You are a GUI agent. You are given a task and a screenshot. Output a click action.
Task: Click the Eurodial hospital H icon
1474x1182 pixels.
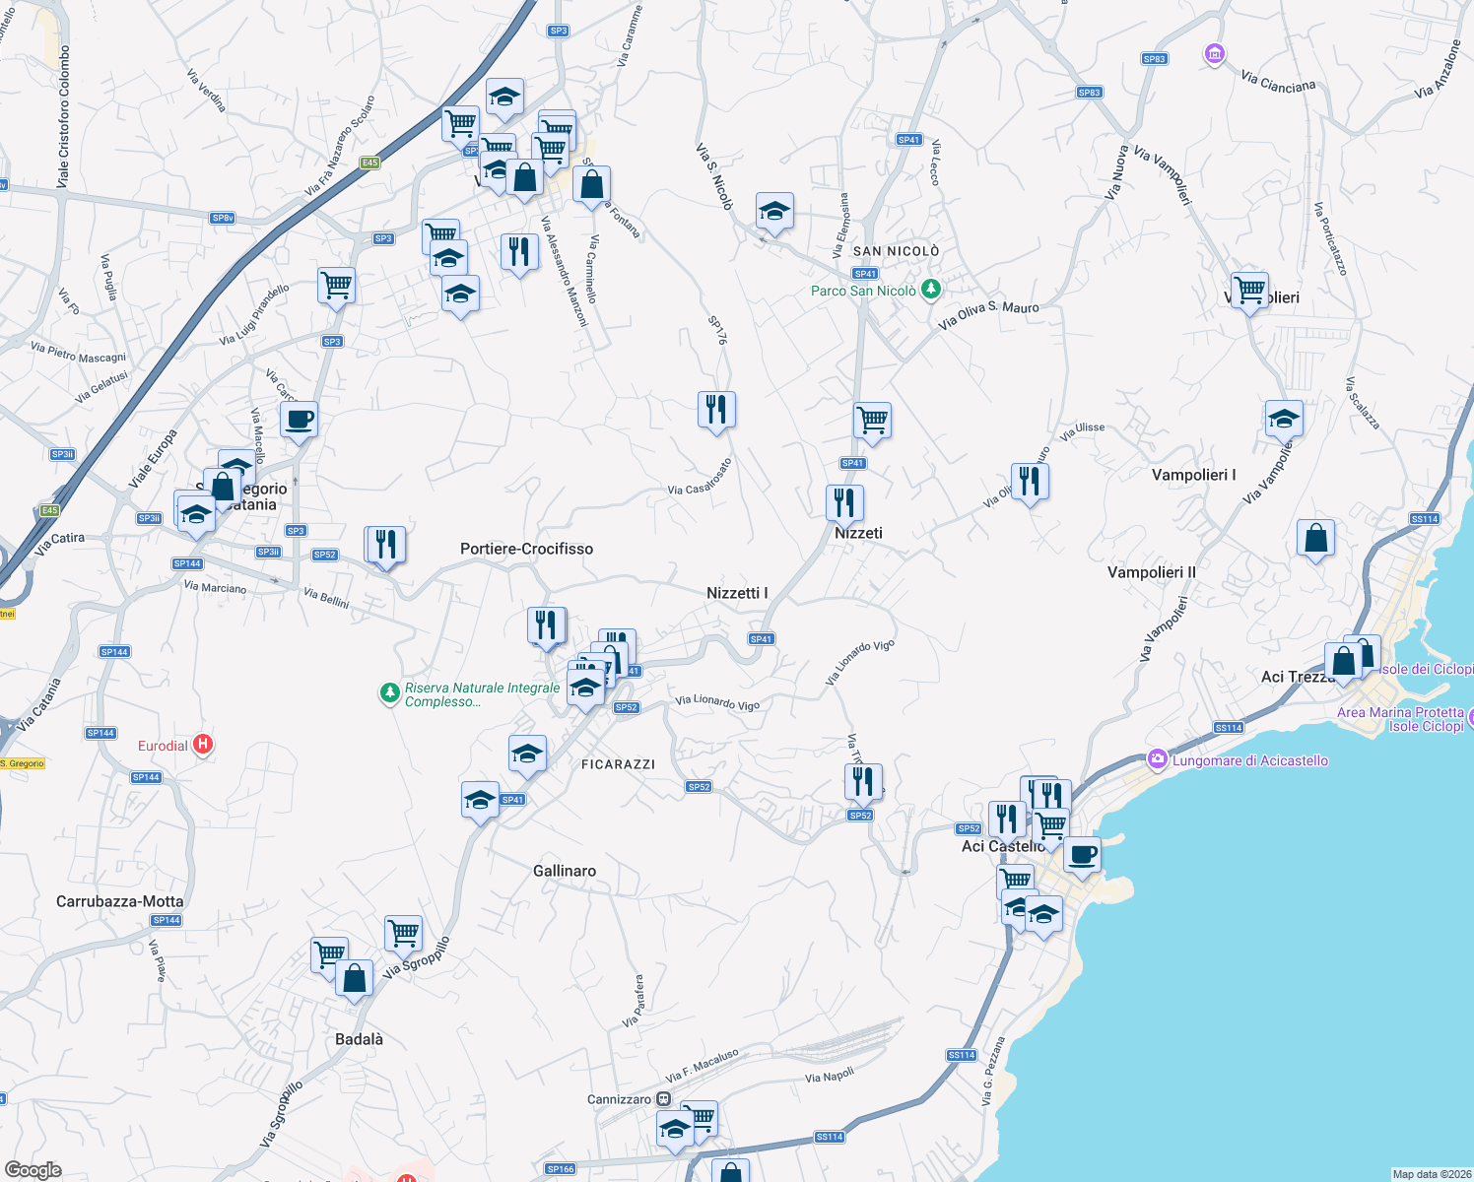[x=202, y=745]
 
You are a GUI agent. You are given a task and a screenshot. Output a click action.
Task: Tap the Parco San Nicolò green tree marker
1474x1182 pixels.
[x=930, y=290]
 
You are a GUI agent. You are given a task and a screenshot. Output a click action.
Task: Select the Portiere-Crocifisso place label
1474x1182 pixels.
[x=526, y=549]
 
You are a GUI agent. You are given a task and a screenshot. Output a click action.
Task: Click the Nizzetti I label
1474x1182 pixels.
[x=737, y=593]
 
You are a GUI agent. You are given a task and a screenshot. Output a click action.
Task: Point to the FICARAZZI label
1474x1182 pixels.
[x=618, y=764]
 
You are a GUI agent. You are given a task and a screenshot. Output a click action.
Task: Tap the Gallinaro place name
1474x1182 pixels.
[x=564, y=871]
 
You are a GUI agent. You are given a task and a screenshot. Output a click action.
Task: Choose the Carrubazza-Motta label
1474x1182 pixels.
[x=119, y=901]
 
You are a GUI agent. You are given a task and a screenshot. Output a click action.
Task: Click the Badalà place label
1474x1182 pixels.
[x=359, y=1039]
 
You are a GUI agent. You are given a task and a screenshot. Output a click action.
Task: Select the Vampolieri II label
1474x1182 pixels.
[x=1151, y=572]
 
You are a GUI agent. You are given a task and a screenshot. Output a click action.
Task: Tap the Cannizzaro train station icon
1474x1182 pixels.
[x=664, y=1099]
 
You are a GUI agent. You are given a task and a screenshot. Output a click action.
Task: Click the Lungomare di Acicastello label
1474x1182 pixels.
[x=1249, y=760]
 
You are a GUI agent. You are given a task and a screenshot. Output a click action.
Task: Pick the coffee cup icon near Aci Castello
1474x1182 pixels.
[x=1082, y=855]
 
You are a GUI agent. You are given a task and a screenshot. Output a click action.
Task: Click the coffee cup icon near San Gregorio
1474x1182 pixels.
[x=299, y=420]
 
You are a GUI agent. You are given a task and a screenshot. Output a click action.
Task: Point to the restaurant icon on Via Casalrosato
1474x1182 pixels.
[x=716, y=409]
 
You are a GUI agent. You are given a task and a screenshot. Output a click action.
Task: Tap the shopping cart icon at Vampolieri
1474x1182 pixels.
[x=1249, y=291]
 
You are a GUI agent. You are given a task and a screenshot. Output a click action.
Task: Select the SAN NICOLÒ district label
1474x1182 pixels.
[x=896, y=251]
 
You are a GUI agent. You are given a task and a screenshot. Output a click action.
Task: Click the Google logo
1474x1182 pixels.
[x=33, y=1169]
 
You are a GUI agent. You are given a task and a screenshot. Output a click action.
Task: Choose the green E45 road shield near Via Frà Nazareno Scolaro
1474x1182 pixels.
[x=369, y=163]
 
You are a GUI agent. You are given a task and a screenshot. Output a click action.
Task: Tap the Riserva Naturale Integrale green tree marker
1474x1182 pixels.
[x=390, y=693]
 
